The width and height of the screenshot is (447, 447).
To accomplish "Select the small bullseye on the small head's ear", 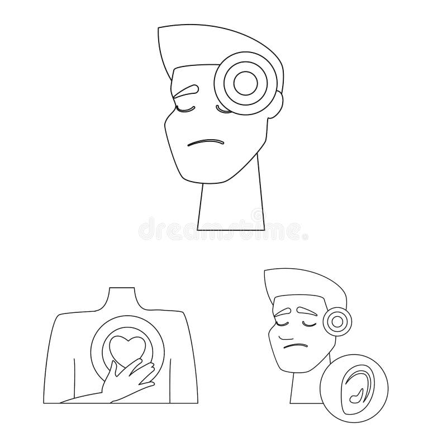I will tap(337, 321).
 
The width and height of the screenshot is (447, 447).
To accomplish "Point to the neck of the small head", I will tap(302, 388).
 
